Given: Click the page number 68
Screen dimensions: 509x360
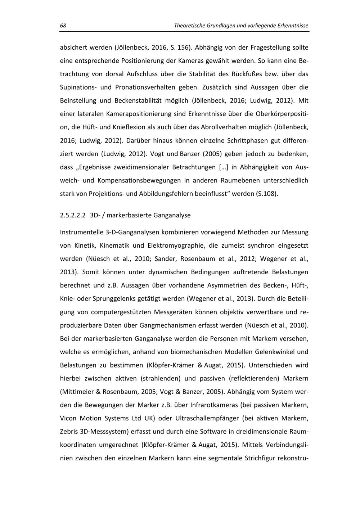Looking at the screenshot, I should [x=63, y=26].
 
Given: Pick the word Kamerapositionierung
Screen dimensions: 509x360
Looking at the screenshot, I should [x=139, y=114].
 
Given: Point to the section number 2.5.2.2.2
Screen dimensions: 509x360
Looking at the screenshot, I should [x=73, y=216].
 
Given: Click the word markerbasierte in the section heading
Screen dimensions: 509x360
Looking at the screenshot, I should [x=129, y=216].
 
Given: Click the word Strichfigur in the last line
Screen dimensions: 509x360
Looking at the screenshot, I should [x=260, y=458].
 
